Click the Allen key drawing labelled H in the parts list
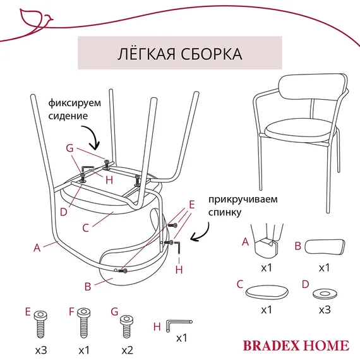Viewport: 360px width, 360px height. pyautogui.click(x=173, y=325)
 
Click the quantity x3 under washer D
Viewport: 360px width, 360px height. pyautogui.click(x=324, y=310)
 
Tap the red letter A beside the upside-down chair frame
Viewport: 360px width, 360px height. pyautogui.click(x=37, y=248)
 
